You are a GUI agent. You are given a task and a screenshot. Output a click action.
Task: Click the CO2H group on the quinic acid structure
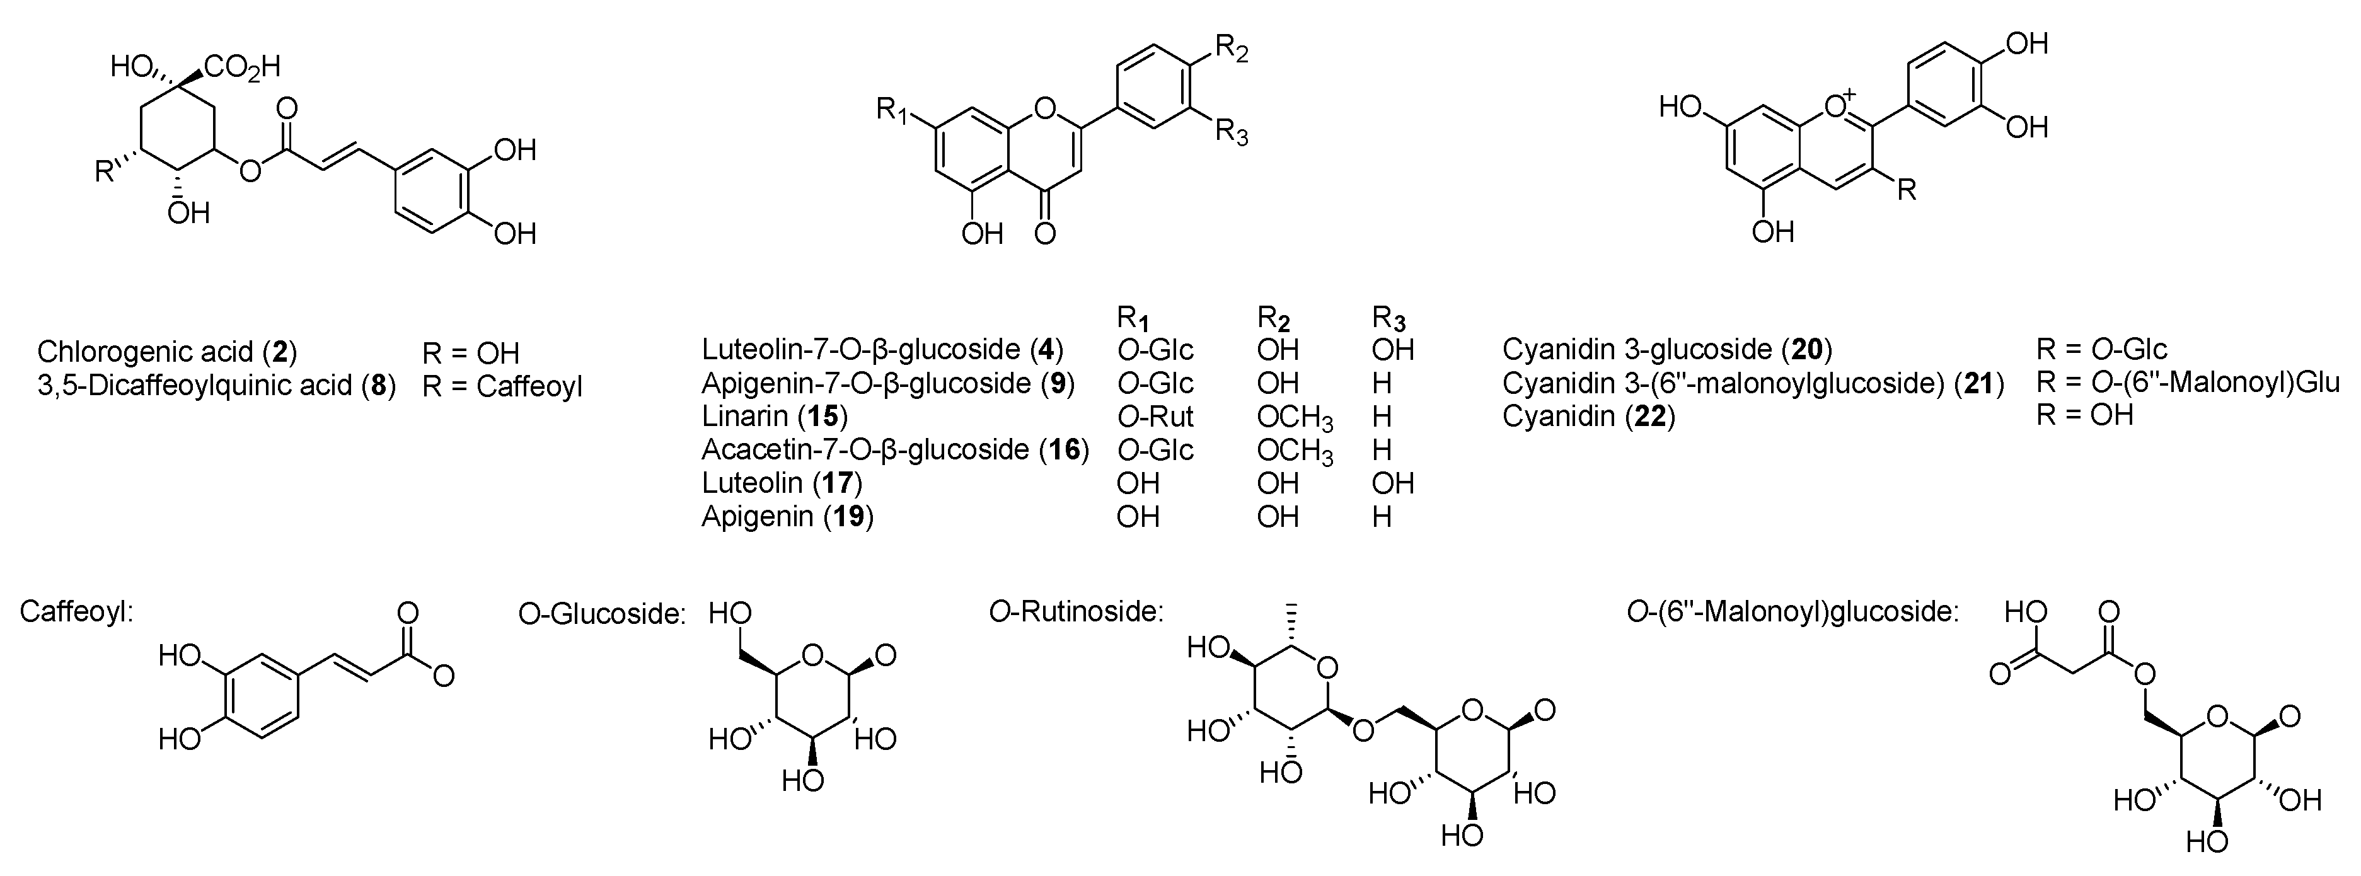point(242,66)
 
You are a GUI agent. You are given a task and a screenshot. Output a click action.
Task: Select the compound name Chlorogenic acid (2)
point(167,352)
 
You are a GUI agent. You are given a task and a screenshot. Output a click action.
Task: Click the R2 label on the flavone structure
point(1231,51)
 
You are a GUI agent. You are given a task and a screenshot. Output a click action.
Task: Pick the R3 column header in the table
point(1388,319)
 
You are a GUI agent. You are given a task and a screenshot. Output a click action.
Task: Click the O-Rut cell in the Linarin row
point(1155,417)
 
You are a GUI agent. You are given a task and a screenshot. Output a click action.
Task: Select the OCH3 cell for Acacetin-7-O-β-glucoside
point(1294,451)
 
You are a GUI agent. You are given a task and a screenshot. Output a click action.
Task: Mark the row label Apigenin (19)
point(787,517)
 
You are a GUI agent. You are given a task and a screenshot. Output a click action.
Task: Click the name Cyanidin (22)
point(1588,417)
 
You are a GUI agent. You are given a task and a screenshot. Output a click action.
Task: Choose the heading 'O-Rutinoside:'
point(1075,611)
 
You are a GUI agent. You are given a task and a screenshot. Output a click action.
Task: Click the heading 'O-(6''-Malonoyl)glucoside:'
point(1792,611)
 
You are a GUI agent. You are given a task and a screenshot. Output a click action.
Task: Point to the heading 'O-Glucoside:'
point(602,614)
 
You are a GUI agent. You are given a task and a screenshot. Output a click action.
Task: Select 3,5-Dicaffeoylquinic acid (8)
point(216,385)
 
